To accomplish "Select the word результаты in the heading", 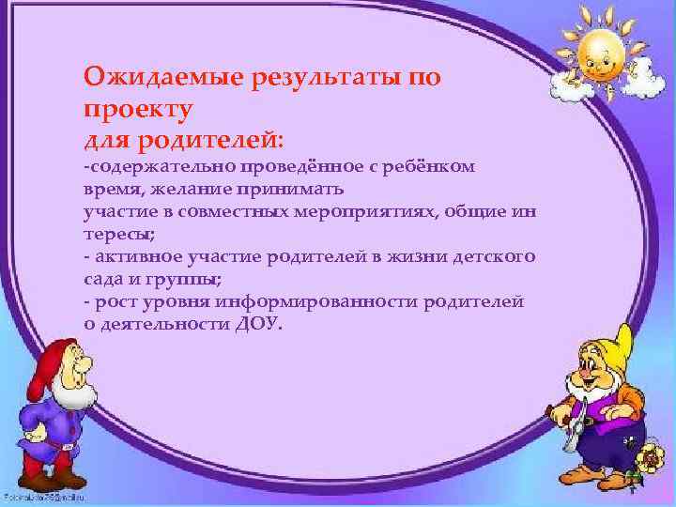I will coord(324,75).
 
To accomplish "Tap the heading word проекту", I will coord(138,108).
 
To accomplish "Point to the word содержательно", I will coord(146,166).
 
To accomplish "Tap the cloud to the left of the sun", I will coord(567,84).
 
